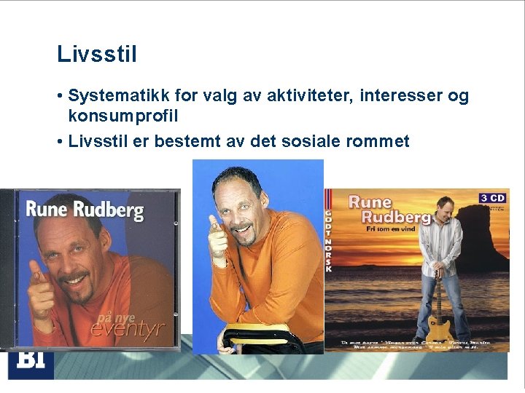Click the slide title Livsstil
(97, 55)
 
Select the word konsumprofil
(123, 116)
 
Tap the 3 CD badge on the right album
(492, 197)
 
